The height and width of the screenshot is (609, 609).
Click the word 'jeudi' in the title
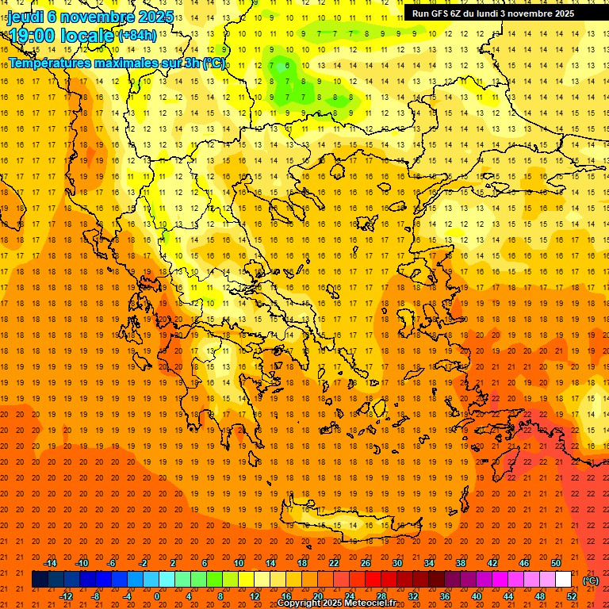(25, 17)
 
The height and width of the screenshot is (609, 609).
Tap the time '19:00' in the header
(33, 36)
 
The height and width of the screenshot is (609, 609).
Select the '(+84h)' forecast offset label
(136, 36)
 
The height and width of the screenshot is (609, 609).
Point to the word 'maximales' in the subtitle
(140, 63)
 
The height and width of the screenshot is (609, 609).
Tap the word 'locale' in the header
(88, 36)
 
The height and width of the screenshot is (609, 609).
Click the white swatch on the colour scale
(563, 580)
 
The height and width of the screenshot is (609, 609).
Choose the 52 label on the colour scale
(571, 596)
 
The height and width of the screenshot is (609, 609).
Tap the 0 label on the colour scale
(156, 596)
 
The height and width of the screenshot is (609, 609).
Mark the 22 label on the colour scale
(333, 563)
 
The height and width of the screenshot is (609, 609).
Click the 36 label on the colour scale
(444, 596)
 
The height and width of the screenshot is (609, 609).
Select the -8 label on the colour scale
(95, 596)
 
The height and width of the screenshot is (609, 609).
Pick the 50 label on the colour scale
(555, 563)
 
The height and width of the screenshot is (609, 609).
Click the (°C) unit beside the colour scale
(591, 580)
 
